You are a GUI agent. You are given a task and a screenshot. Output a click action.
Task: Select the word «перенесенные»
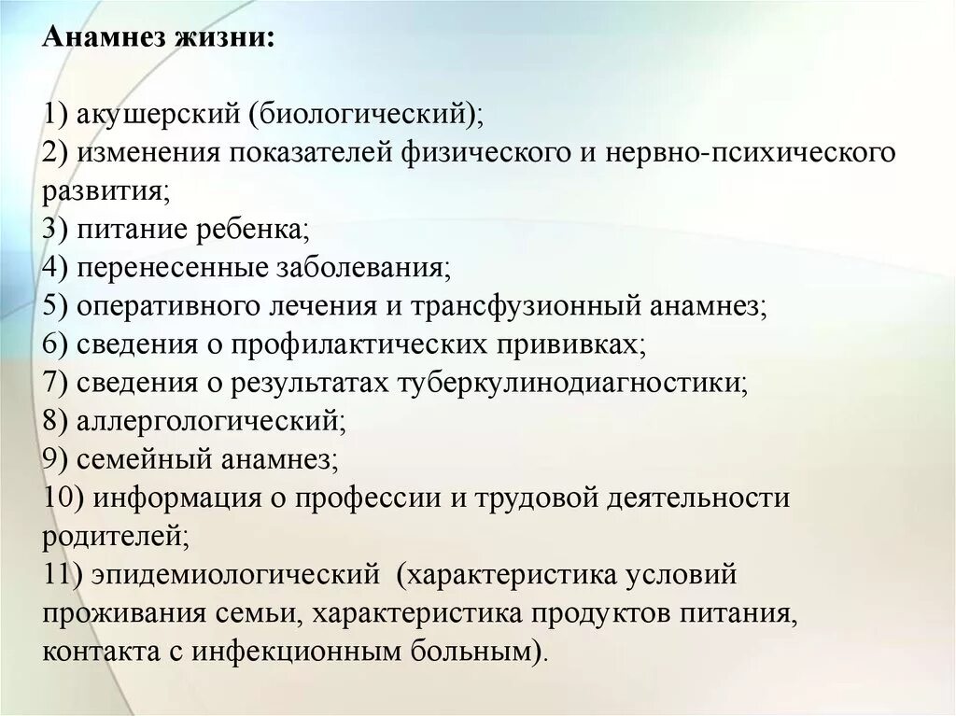pyautogui.click(x=174, y=268)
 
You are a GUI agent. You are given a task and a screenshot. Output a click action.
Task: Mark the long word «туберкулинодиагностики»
pyautogui.click(x=574, y=383)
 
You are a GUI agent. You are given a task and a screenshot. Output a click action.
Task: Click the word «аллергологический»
pyautogui.click(x=211, y=421)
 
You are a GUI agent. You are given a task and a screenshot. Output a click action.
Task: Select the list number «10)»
pyautogui.click(x=63, y=498)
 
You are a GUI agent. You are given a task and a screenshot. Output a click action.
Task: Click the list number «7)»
pyautogui.click(x=55, y=383)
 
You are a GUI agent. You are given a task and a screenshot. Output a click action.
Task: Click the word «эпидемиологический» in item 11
pyautogui.click(x=233, y=574)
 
